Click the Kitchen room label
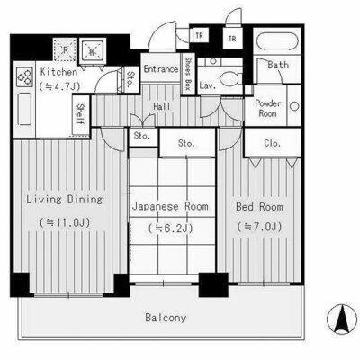[35, 71]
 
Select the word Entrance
[162, 69]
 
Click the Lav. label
[206, 85]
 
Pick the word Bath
[277, 65]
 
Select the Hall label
[162, 106]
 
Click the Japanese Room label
[171, 207]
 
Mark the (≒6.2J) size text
[170, 229]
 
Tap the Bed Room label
[259, 207]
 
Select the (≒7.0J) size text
[259, 228]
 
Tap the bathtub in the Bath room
[276, 42]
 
